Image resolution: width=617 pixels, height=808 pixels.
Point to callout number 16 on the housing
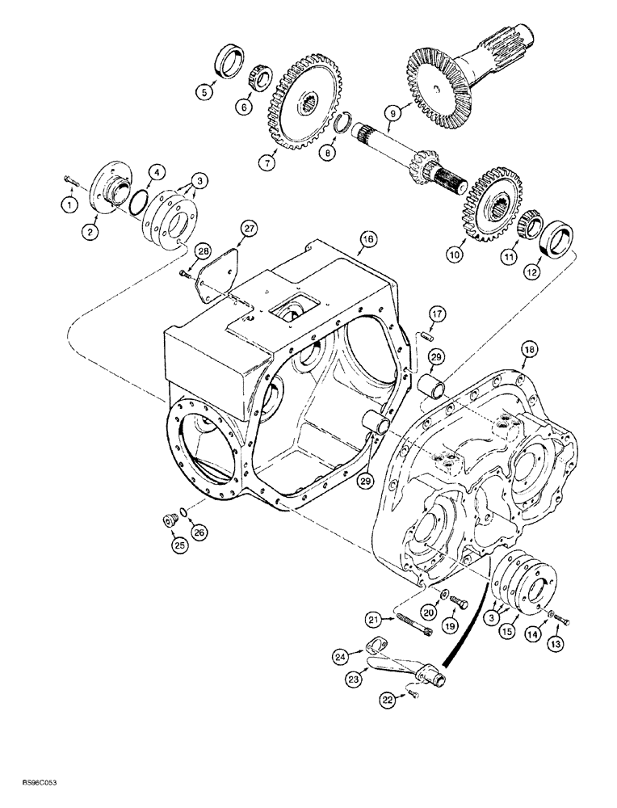368,239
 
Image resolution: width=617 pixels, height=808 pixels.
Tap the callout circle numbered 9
392,115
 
